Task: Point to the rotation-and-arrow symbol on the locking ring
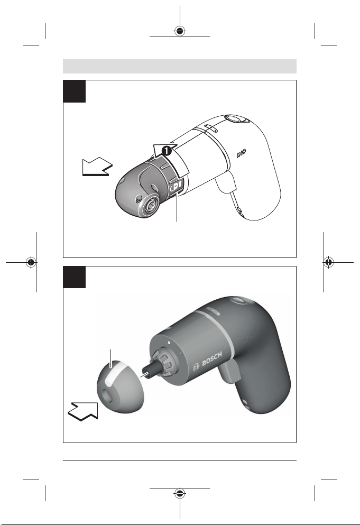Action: [x=177, y=186]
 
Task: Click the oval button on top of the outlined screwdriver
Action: [x=236, y=119]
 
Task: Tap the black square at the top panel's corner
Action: [x=75, y=91]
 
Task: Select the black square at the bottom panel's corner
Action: [x=75, y=277]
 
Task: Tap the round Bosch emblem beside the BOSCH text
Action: [x=196, y=367]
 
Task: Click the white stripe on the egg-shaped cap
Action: [x=115, y=370]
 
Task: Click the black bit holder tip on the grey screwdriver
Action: [x=146, y=372]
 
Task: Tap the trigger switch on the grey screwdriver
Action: [x=230, y=372]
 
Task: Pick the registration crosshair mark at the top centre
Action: [x=180, y=31]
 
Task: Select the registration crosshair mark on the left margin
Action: [x=31, y=262]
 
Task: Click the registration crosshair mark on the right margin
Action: [x=329, y=262]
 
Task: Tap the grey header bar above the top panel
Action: [x=180, y=66]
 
